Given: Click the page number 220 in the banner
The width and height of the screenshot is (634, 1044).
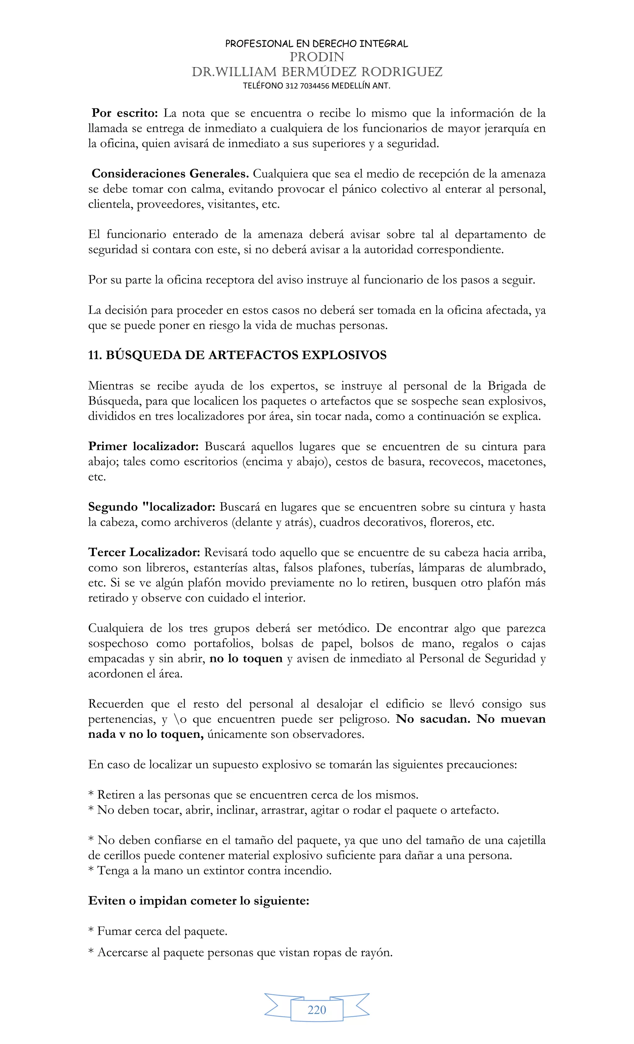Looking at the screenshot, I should [x=317, y=1010].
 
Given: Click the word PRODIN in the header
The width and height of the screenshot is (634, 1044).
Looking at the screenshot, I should [x=317, y=57].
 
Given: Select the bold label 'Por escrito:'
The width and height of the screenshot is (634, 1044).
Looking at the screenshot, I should [x=124, y=113].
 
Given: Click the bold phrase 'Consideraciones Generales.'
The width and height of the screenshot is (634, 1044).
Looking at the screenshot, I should [x=170, y=174].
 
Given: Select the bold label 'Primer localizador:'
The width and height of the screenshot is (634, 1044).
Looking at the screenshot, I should [x=143, y=446].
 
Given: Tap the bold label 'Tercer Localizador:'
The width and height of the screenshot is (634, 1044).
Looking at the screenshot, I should [x=144, y=552].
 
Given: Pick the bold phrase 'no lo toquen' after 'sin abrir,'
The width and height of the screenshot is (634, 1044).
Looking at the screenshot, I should [x=246, y=658].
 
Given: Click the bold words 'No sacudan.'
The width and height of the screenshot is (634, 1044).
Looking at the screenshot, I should [x=433, y=719].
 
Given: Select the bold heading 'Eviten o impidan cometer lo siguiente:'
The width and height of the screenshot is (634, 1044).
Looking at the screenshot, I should [x=198, y=901].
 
